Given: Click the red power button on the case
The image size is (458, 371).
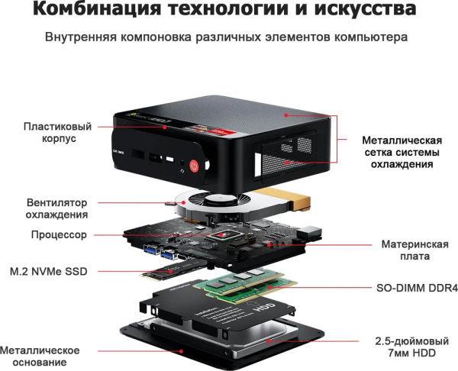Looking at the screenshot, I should click(195, 164).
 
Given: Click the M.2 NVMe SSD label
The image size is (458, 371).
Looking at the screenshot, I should click(49, 270).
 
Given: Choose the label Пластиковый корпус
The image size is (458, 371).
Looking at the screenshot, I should click(49, 133).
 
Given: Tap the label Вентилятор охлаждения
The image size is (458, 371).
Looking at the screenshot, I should click(57, 208).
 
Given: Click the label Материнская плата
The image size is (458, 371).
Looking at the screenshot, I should click(414, 250).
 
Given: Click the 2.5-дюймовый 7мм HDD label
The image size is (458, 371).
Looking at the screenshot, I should click(412, 347).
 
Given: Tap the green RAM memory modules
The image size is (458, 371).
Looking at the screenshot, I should click(244, 286).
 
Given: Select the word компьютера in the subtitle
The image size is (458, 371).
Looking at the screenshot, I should click(375, 37).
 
